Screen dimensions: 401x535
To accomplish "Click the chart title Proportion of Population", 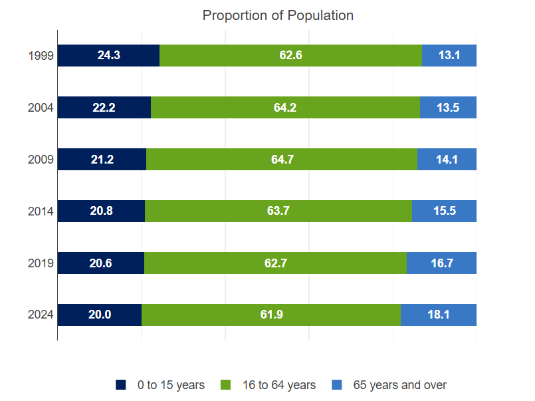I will [278, 15].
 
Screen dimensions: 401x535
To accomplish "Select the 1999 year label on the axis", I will [41, 56].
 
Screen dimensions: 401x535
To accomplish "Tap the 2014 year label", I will [41, 211].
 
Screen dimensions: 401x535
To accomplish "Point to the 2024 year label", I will [41, 315].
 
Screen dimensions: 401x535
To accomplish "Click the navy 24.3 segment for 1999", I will [108, 56].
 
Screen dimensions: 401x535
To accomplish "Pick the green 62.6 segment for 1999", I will [290, 56].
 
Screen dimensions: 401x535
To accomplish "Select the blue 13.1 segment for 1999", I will [449, 56].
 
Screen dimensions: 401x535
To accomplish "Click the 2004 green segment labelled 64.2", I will [285, 108].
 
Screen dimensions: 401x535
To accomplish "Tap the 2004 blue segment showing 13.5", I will [448, 108].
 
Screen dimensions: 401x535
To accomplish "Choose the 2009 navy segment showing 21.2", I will [102, 160].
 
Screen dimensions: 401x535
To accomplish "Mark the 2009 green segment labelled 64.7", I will [281, 160].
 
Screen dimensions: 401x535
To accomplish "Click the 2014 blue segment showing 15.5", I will [444, 211].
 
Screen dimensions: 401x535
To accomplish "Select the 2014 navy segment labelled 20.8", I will [101, 211].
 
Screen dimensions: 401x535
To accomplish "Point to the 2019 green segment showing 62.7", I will [275, 263].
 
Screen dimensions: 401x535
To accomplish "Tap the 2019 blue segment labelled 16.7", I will [441, 263].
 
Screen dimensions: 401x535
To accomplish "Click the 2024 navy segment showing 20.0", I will [100, 315].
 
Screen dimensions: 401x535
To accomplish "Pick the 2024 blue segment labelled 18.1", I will [439, 315].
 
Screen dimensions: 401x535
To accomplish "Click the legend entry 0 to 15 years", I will [160, 385].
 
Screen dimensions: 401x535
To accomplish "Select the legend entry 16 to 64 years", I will [268, 385].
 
